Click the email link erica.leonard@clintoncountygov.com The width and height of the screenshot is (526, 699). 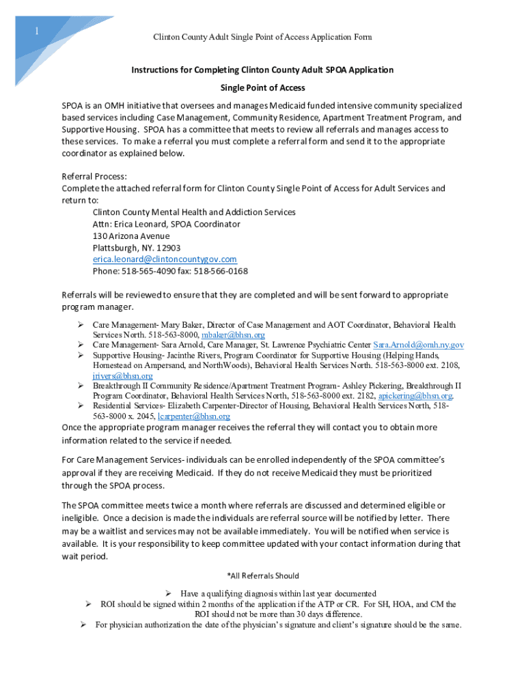coord(165,259)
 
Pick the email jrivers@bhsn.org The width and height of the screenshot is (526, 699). coord(122,375)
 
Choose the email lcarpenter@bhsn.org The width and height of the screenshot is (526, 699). coord(193,416)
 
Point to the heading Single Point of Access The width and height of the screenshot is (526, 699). coord(262,88)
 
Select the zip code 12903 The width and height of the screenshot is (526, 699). coord(168,248)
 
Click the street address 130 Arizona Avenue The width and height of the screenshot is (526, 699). coord(131,236)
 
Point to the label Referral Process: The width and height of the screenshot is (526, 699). coord(94,176)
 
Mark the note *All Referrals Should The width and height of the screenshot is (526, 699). coord(262,576)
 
